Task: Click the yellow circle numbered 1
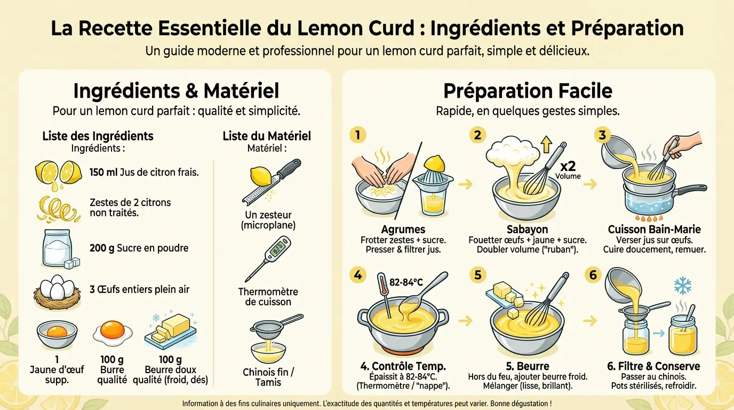[357, 135]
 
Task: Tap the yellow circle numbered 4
[357, 275]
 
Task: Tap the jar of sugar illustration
[57, 248]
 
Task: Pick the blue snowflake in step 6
[682, 286]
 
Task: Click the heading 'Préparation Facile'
[528, 91]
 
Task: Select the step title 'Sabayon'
[527, 230]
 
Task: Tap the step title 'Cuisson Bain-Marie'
[654, 230]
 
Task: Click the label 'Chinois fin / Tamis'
[268, 376]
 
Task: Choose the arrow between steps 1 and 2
[466, 184]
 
